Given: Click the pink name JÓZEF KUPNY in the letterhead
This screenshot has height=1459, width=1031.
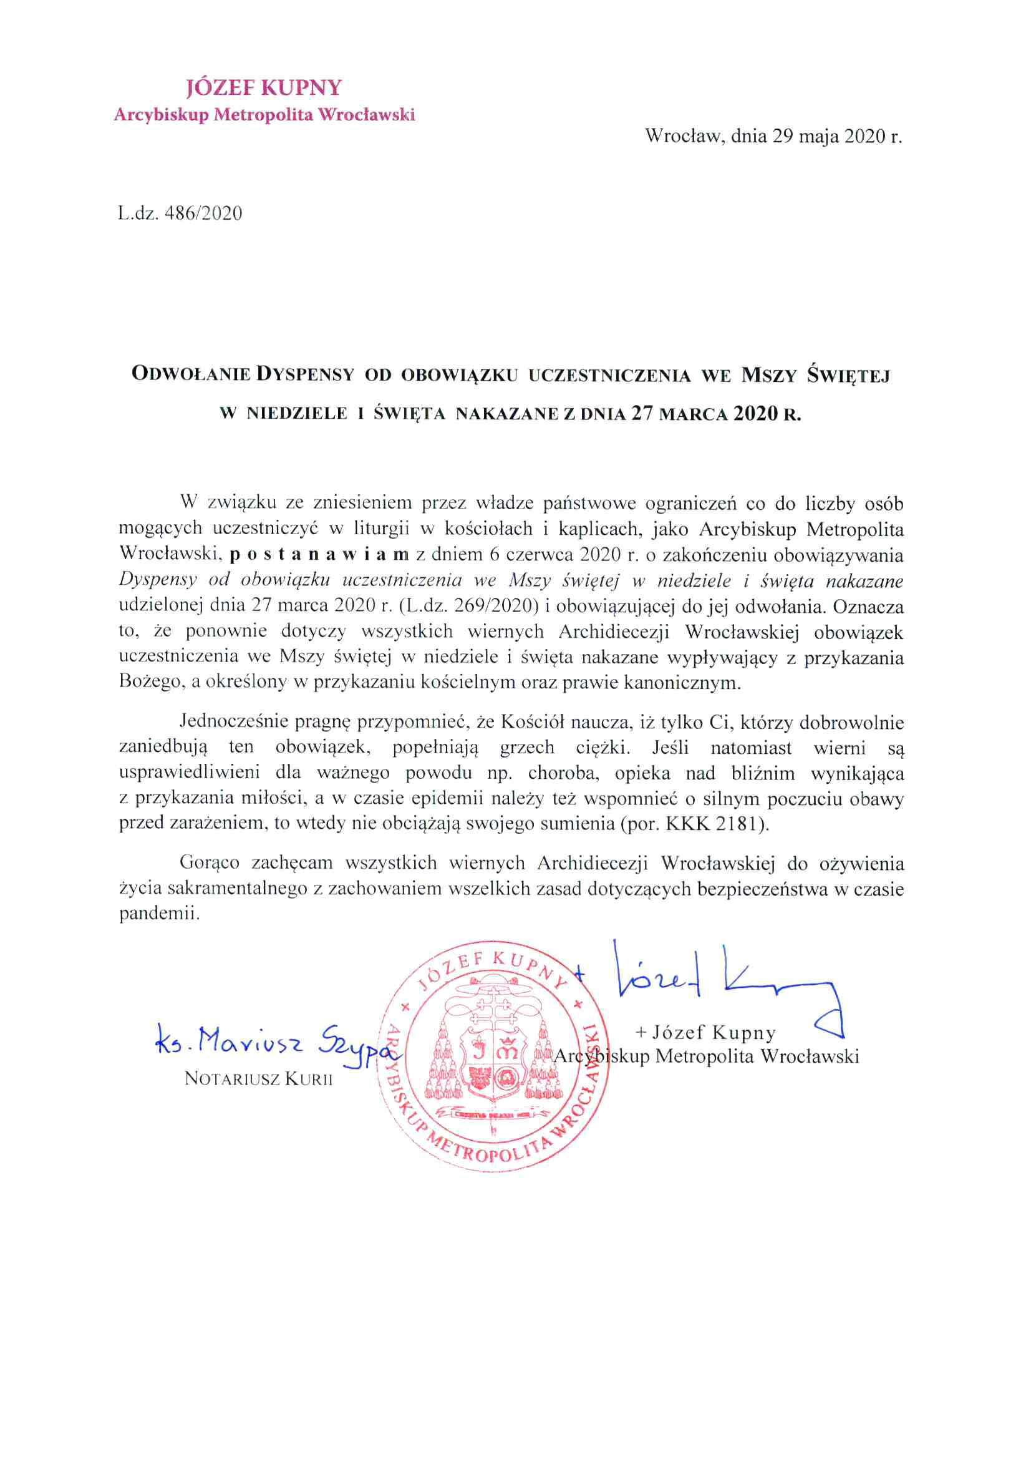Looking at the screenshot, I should pyautogui.click(x=264, y=88).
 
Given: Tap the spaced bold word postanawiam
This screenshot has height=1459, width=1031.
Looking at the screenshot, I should pyautogui.click(x=319, y=555).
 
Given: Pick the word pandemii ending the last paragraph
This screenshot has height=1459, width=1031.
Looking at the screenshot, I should pyautogui.click(x=159, y=914).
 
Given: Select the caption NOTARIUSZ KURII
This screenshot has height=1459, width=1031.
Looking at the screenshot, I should pyautogui.click(x=258, y=1079).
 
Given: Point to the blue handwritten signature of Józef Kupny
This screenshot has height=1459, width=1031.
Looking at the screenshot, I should pyautogui.click(x=718, y=978).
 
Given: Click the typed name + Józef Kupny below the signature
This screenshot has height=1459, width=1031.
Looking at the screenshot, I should pyautogui.click(x=705, y=1033).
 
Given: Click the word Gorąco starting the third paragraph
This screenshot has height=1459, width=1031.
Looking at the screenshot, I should pyautogui.click(x=209, y=863).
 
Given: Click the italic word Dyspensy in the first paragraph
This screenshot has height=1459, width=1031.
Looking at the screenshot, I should pyautogui.click(x=158, y=580).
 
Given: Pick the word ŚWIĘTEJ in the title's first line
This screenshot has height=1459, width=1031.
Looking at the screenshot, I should pyautogui.click(x=848, y=376).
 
